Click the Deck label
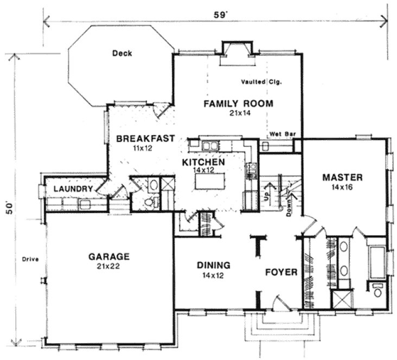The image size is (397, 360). pyautogui.click(x=123, y=53)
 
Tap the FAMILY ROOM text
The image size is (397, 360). pyautogui.click(x=238, y=104)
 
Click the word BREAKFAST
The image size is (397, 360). pyautogui.click(x=146, y=138)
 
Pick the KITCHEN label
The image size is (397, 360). pyautogui.click(x=203, y=162)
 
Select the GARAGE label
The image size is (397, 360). pyautogui.click(x=110, y=256)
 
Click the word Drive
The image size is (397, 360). pyautogui.click(x=29, y=259)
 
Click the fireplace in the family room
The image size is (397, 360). pyautogui.click(x=236, y=52)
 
